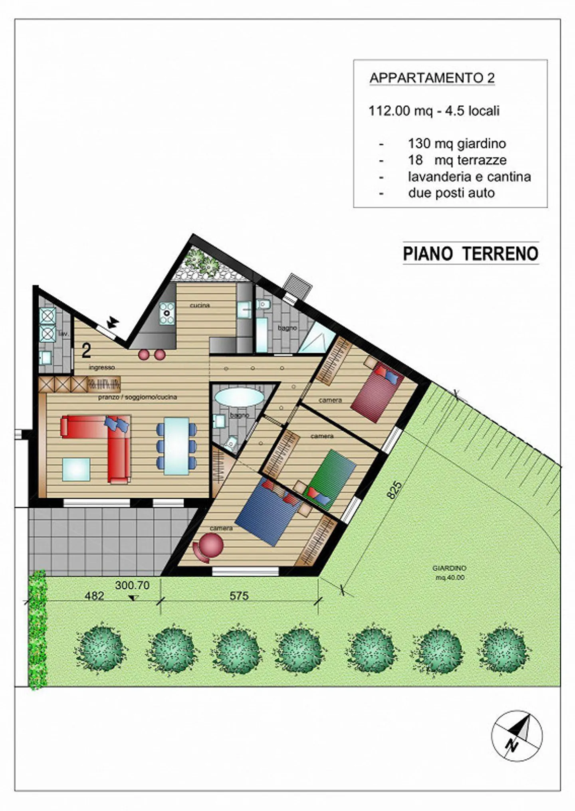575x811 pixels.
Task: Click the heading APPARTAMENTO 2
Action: click(x=432, y=78)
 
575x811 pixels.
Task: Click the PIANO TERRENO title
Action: click(x=470, y=254)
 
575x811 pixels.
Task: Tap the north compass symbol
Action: click(x=517, y=736)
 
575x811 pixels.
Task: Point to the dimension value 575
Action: click(x=239, y=595)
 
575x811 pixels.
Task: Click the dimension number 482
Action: click(x=95, y=596)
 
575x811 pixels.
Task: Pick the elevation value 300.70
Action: click(x=132, y=586)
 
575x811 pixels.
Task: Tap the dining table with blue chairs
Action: click(x=176, y=445)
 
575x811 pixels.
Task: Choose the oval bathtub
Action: click(x=239, y=398)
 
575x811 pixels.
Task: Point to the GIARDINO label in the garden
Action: click(x=449, y=568)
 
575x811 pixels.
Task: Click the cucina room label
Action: click(x=200, y=305)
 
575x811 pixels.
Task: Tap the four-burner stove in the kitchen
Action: click(x=167, y=313)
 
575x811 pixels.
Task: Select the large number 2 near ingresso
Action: click(x=86, y=351)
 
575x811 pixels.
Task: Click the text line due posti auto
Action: click(x=451, y=193)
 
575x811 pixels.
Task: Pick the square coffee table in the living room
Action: click(x=76, y=469)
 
